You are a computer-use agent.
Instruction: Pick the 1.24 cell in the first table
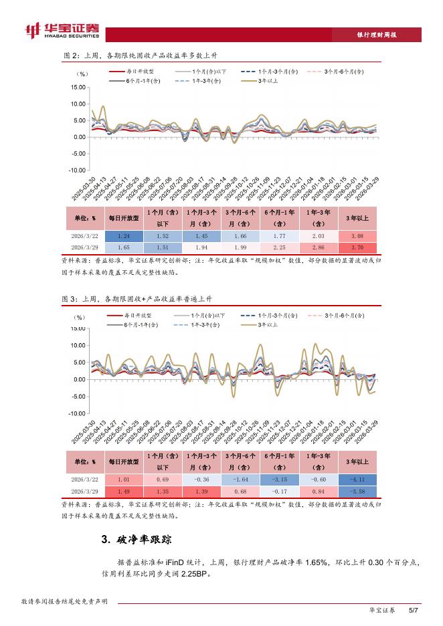[x=123, y=236]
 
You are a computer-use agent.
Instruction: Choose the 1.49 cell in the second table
[x=123, y=491]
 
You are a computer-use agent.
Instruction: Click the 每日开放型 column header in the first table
[x=123, y=218]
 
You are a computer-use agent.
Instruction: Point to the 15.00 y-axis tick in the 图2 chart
[x=78, y=88]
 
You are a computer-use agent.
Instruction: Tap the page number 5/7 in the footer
[x=413, y=610]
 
